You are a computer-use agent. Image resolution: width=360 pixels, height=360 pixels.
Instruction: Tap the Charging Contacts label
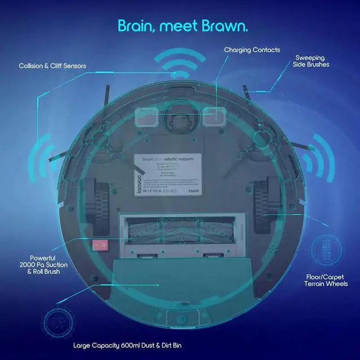pyautogui.click(x=251, y=50)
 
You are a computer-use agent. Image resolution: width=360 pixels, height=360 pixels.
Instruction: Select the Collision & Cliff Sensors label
pyautogui.click(x=51, y=66)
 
